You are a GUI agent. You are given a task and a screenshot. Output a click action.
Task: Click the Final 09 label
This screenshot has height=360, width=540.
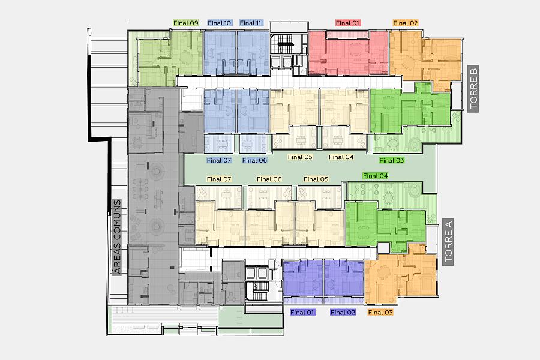pyautogui.click(x=185, y=23)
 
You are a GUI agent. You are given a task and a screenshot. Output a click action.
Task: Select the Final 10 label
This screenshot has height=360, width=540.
pyautogui.click(x=220, y=23)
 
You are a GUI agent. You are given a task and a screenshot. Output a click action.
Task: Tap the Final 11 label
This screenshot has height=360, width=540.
pyautogui.click(x=250, y=23)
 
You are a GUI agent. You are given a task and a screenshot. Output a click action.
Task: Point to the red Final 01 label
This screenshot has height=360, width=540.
pyautogui.click(x=347, y=23)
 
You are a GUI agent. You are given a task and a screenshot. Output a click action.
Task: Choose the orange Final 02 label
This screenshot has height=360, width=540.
pyautogui.click(x=406, y=23)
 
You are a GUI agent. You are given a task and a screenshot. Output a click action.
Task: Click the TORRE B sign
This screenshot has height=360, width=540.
pyautogui.click(x=473, y=89)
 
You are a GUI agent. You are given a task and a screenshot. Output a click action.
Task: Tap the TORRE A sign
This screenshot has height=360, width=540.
pyautogui.click(x=448, y=242)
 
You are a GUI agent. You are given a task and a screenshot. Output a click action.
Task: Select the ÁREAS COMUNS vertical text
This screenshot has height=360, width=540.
pyautogui.click(x=118, y=237)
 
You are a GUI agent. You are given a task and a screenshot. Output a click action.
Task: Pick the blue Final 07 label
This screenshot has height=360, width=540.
pyautogui.click(x=219, y=160)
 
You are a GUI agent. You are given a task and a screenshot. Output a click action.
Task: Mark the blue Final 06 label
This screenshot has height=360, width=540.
pyautogui.click(x=254, y=160)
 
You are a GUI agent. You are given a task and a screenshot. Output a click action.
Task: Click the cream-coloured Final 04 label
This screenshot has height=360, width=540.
pyautogui.click(x=341, y=157)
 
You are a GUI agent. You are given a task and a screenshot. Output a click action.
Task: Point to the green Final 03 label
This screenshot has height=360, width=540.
pyautogui.click(x=392, y=160)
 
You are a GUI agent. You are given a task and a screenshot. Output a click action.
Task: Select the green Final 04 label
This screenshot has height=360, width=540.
pyautogui.click(x=376, y=176)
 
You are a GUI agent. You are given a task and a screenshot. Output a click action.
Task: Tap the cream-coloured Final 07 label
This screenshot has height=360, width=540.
pyautogui.click(x=219, y=179)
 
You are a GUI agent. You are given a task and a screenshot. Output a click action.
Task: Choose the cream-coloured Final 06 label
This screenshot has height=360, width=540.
pyautogui.click(x=269, y=179)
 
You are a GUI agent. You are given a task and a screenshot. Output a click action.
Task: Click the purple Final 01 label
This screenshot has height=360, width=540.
pyautogui.click(x=302, y=312)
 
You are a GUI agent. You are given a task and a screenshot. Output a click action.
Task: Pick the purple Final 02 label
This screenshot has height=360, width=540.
pyautogui.click(x=343, y=312)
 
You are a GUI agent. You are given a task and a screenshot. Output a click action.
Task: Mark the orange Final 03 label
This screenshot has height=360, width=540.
pyautogui.click(x=380, y=312)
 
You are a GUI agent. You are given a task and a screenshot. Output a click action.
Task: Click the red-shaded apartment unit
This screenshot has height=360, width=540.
pyautogui.click(x=348, y=53)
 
